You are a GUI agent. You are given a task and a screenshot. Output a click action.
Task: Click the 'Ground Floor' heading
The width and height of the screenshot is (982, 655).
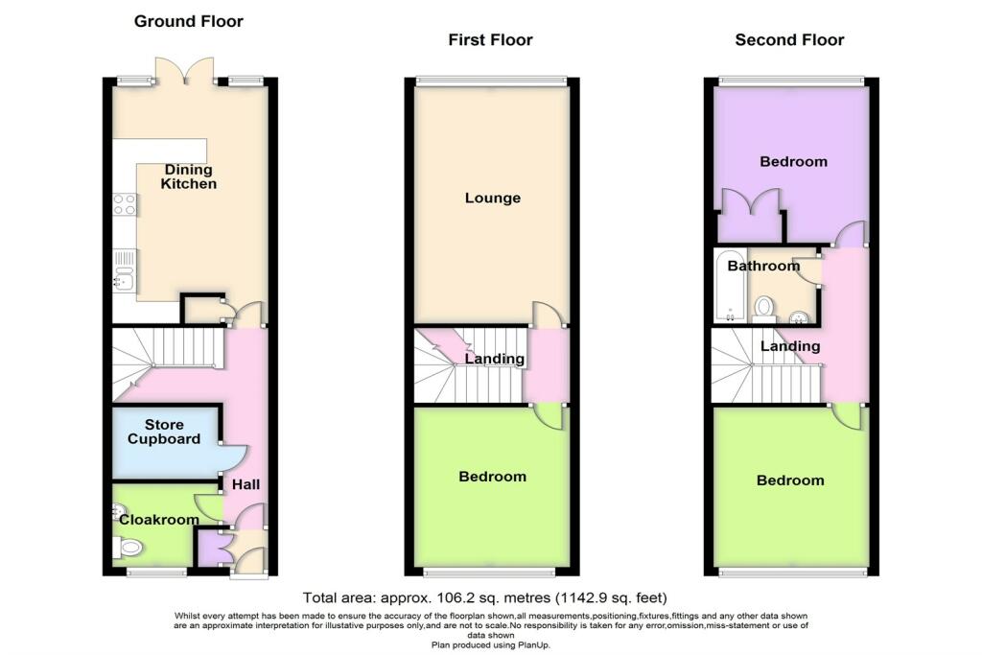click(188, 20)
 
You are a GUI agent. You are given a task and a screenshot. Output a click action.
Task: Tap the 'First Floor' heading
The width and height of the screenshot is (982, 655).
click(490, 39)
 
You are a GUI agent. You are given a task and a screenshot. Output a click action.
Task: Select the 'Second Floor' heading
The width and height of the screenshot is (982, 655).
click(789, 39)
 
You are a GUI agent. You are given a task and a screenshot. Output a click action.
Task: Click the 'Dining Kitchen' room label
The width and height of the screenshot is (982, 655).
click(188, 176)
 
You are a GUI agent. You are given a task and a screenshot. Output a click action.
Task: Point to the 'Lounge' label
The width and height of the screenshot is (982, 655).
click(492, 199)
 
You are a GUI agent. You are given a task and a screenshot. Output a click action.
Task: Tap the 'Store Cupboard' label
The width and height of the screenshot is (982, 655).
click(166, 432)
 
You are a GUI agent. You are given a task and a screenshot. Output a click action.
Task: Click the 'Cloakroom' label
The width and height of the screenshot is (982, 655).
click(158, 520)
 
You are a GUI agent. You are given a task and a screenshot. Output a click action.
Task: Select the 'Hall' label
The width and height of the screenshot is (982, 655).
click(246, 485)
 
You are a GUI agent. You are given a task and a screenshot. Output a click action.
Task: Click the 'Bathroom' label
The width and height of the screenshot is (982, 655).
click(762, 266)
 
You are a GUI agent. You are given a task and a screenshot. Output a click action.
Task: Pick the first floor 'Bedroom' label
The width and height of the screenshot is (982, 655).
click(492, 477)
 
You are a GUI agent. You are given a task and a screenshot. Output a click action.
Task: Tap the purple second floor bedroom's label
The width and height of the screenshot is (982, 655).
click(793, 161)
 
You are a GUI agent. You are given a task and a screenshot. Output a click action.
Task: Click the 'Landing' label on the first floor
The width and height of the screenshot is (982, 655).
click(495, 359)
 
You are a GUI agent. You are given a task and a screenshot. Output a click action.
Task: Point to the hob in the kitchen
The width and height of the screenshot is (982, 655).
click(125, 203)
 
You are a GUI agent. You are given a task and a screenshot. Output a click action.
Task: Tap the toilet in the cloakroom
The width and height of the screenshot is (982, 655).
click(129, 548)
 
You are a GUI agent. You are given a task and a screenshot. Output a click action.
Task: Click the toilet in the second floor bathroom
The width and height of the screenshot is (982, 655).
click(764, 306)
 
